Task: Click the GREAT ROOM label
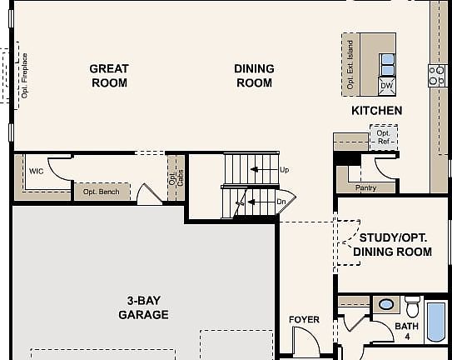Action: point(109,76)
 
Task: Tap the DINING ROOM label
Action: point(254,76)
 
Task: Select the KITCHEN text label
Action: point(376,111)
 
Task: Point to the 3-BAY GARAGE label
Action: point(142,307)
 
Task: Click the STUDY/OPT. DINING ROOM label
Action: point(392,244)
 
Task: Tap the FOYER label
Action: point(304,320)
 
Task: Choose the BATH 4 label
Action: point(407,331)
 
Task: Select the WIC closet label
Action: point(36,171)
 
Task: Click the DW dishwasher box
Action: point(386,85)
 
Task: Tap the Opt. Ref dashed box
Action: point(383,137)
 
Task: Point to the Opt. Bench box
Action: point(101,192)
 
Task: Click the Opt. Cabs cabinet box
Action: point(176,177)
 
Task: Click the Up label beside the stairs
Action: point(285,170)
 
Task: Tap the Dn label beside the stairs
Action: point(281,201)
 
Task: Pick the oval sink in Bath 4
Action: point(386,304)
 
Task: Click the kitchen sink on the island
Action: point(387,62)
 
